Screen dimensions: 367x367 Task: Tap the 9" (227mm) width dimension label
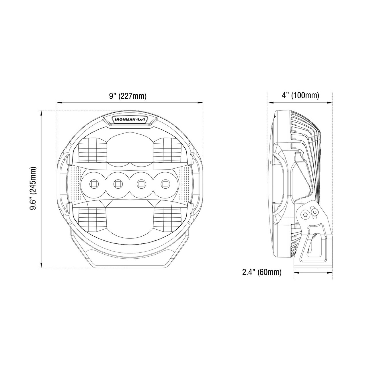coord(128,96)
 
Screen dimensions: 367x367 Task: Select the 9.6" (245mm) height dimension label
coord(33,189)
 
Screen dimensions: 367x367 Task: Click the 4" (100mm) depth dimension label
coord(300,95)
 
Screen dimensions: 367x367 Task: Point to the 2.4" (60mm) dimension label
coord(262,272)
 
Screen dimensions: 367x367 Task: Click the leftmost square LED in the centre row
coord(94,184)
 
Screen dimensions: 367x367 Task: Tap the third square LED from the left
coord(141,184)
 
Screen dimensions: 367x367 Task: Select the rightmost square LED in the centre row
coord(165,184)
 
